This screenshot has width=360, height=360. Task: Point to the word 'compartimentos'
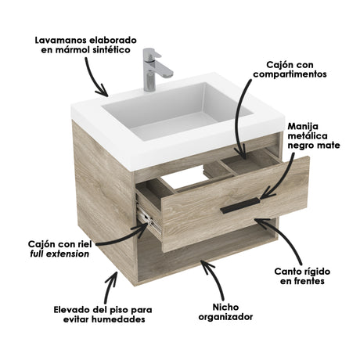[x=289, y=74]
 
